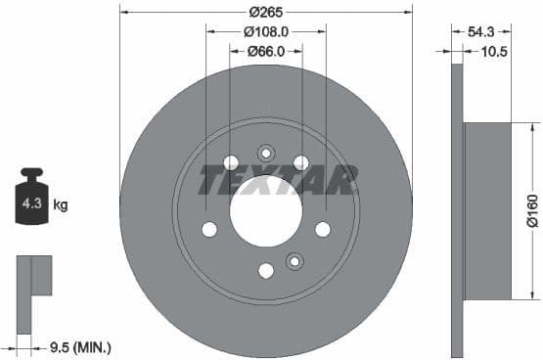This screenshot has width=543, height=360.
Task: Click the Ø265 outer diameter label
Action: point(266,12)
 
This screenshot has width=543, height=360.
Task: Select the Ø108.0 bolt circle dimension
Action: point(266,32)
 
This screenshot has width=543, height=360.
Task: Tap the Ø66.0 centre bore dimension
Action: point(266,52)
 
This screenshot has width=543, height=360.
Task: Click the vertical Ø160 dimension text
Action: point(530,210)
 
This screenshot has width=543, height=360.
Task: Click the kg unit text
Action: point(60,205)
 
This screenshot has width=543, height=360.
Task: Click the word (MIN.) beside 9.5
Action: point(92,346)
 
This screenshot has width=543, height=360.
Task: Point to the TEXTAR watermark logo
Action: point(278,180)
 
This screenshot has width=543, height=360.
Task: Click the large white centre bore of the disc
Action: point(264,213)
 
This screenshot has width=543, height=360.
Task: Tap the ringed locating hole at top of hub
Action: point(265,153)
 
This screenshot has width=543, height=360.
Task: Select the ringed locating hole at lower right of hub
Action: point(294,260)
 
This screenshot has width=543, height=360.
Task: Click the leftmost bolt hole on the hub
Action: point(209,229)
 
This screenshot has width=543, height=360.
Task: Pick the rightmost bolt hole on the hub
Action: point(322,229)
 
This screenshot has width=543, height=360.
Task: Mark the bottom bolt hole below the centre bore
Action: point(265,271)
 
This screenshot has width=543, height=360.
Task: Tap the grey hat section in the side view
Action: point(486,211)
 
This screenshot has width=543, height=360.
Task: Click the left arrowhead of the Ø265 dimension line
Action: point(124,12)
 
